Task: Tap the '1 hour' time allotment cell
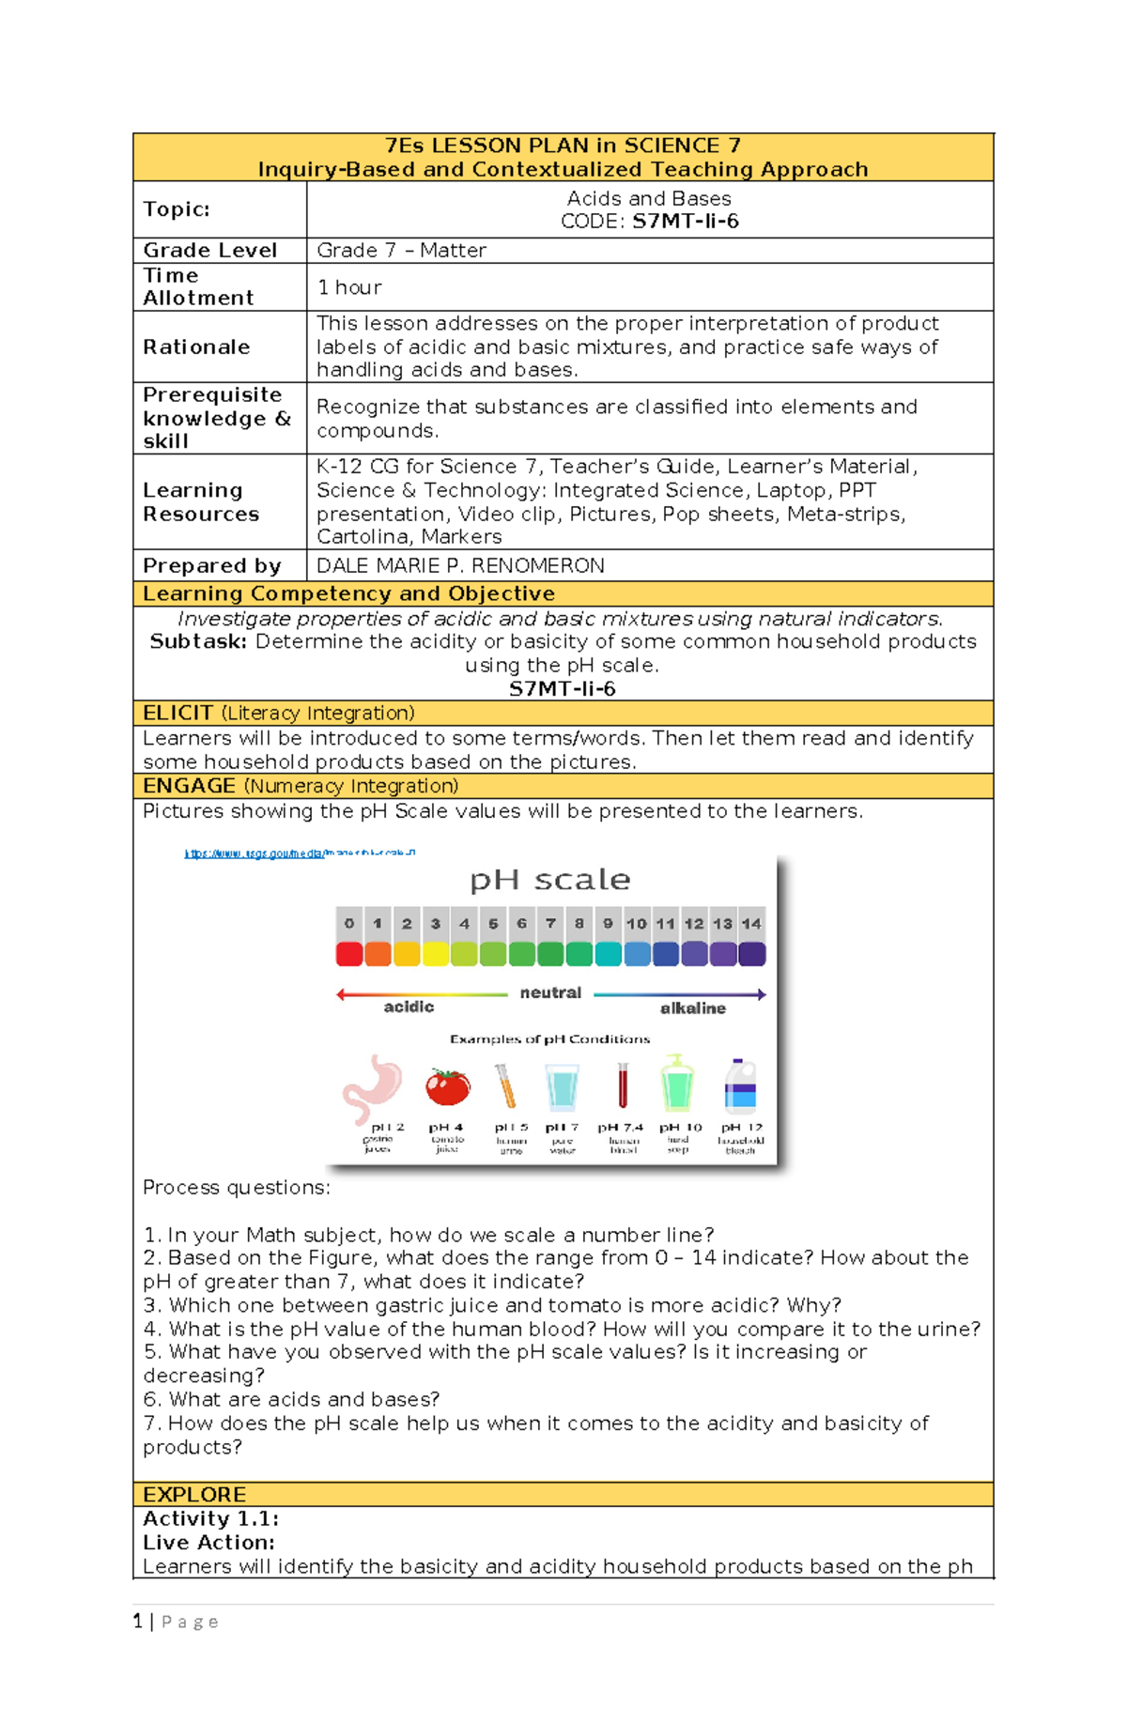pos(349,287)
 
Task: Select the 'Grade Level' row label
pos(209,251)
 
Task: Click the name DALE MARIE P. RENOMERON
pos(460,565)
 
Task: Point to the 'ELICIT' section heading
pos(178,713)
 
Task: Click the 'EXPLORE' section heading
pos(194,1494)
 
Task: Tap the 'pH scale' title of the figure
pos(549,880)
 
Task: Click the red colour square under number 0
pos(349,954)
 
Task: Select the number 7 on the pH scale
pos(550,924)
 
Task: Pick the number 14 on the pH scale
pos(751,924)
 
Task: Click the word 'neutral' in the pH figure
pos(550,992)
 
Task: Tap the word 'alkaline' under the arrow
pos(692,1008)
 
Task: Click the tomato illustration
pos(448,1087)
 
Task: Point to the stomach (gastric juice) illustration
pos(373,1087)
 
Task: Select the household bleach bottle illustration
pos(740,1086)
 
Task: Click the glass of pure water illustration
pos(563,1087)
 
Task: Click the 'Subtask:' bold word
pos(198,642)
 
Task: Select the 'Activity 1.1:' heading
pos(210,1518)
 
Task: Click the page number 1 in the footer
pos(137,1622)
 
